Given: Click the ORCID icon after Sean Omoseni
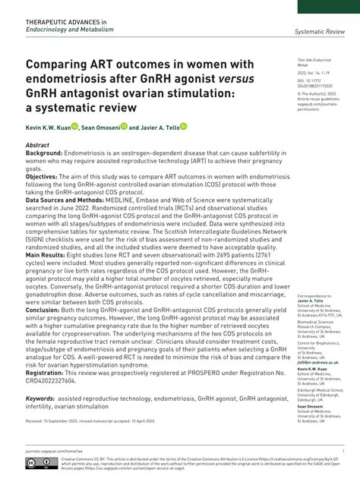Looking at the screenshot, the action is point(123,127).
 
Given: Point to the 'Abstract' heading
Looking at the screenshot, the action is point(37,144).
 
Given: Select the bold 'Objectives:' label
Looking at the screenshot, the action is point(42,175).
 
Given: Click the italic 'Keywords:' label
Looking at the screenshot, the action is point(40,398).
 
